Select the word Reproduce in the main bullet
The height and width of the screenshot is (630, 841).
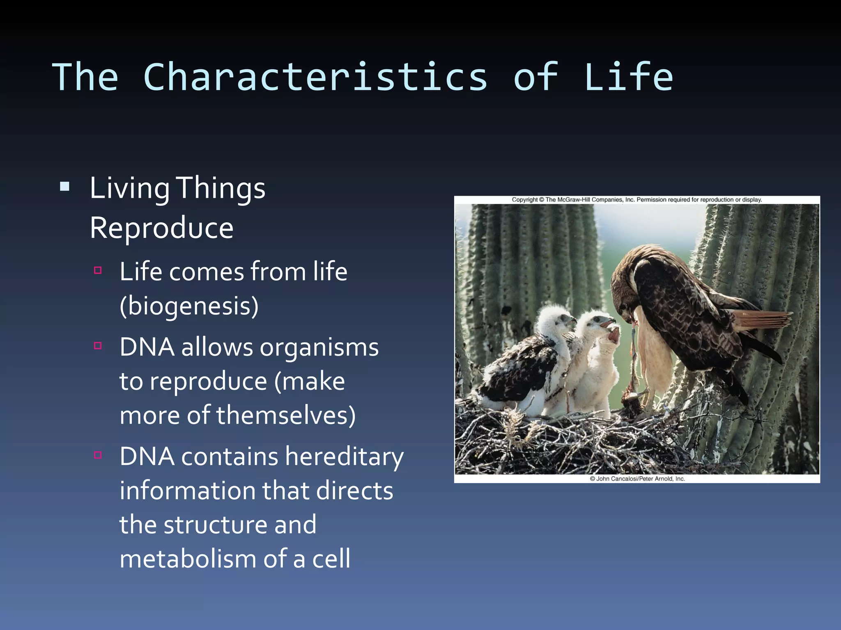161,228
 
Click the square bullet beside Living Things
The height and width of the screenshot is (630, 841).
64,187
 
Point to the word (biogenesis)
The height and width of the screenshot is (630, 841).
189,306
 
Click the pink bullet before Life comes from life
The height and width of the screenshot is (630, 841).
98,270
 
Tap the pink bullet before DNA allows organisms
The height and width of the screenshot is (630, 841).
98,346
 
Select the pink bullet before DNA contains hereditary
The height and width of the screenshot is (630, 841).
98,455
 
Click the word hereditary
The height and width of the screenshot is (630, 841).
344,457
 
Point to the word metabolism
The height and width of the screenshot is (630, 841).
188,559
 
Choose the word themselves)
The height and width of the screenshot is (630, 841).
286,415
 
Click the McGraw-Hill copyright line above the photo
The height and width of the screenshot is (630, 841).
636,200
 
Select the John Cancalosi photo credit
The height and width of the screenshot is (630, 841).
637,479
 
